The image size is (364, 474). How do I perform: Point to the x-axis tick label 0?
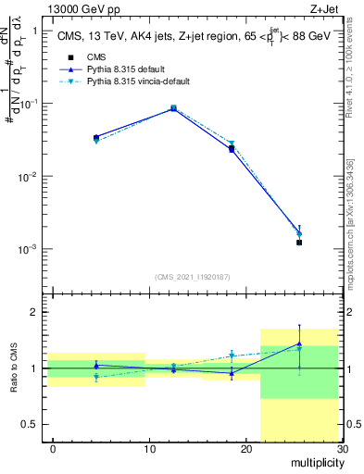pyautogui.click(x=53, y=449)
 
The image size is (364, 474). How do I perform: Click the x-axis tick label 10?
pyautogui.click(x=149, y=449)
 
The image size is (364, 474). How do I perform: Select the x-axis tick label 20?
pyautogui.click(x=245, y=449)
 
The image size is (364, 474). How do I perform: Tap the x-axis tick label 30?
pyautogui.click(x=342, y=449)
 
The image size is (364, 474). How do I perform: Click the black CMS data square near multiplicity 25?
pyautogui.click(x=299, y=243)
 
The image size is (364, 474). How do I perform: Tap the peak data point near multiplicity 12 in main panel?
pyautogui.click(x=173, y=108)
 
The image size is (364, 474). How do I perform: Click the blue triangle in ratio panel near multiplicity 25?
pyautogui.click(x=299, y=343)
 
